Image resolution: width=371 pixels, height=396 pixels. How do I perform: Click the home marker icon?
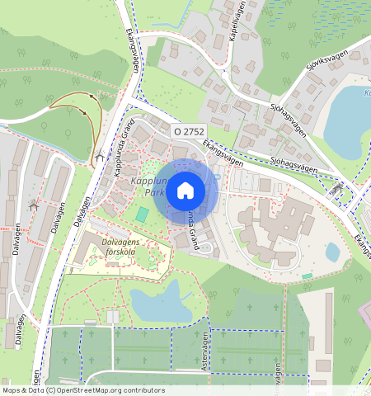pos(185,191)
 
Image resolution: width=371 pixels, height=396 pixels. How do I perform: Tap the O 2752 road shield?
pos(189,131)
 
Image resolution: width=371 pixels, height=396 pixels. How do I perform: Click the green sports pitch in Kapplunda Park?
pos(143,214)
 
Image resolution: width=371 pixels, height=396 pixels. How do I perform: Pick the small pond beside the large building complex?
pos(332,252)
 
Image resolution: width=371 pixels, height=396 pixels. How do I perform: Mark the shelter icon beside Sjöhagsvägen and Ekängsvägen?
pos(336,189)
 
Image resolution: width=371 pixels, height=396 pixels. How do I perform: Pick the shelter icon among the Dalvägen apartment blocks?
pos(34,205)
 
